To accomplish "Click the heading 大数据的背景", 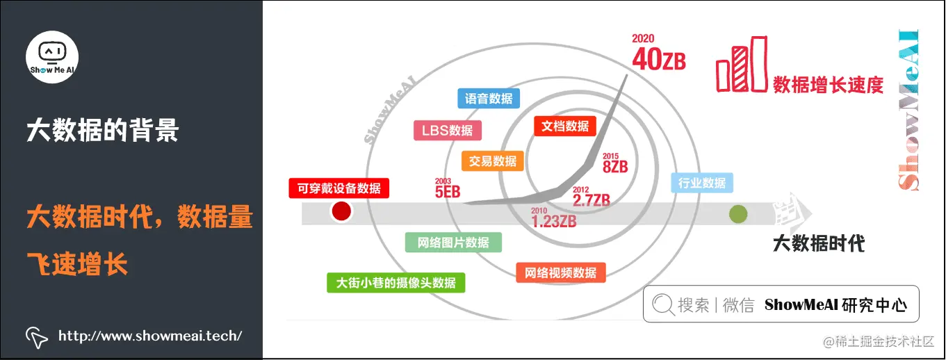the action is coord(102,130).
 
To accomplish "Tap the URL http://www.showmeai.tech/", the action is coord(150,336).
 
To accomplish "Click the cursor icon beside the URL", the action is coord(36,336).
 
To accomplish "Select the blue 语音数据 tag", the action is coord(489,99).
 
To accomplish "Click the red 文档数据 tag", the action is coord(565,126).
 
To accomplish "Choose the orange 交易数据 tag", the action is coord(492,161).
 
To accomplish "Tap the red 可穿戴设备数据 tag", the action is coord(339,188).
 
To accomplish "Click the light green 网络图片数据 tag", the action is coord(453,243).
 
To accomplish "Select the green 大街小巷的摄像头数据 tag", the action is coord(395,283).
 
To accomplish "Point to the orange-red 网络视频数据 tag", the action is coord(560,272).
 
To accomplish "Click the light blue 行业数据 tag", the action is coord(701,183).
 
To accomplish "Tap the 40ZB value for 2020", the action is coord(658,60).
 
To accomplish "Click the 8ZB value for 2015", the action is coord(615,166).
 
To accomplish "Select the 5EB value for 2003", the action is coord(448,191).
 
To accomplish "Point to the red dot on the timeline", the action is coord(341,212).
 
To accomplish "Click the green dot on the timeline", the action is coord(737,214).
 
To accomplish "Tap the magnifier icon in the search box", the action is coord(663,304).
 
